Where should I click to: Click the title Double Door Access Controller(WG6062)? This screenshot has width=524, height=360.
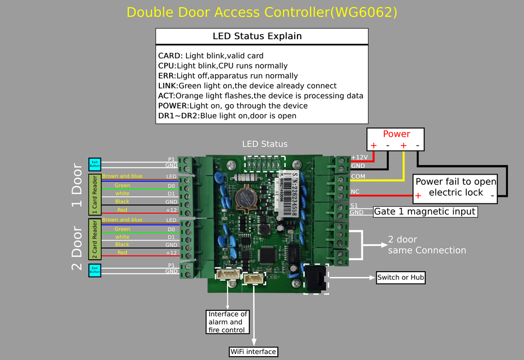(262, 12)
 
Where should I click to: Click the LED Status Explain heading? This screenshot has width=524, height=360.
(257, 37)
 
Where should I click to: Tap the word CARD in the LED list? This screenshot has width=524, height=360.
(170, 56)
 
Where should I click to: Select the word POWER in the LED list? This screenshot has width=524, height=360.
(172, 106)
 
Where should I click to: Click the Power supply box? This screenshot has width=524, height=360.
(396, 139)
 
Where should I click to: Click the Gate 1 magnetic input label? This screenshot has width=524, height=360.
(425, 212)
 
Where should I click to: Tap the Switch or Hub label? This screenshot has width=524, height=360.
(401, 278)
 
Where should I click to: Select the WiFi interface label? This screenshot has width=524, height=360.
(253, 351)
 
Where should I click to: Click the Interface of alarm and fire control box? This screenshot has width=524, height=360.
(228, 322)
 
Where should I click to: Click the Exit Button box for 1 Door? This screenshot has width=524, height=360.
(94, 164)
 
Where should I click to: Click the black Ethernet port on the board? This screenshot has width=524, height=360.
(315, 278)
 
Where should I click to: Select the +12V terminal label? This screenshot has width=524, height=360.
(359, 157)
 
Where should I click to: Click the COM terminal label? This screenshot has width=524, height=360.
(358, 177)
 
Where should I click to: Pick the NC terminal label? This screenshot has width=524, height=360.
(355, 191)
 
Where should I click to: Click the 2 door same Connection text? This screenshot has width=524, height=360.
(426, 245)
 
